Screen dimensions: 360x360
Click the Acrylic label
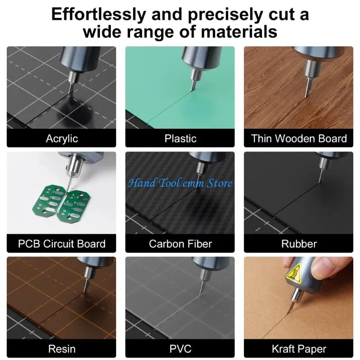pyautogui.click(x=62, y=138)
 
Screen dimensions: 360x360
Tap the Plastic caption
pyautogui.click(x=180, y=138)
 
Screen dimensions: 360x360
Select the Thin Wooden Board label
pyautogui.click(x=299, y=138)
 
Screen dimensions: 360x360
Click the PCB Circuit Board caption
pyautogui.click(x=62, y=244)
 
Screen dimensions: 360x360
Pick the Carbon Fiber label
pyautogui.click(x=180, y=244)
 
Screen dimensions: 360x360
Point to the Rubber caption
pyautogui.click(x=299, y=244)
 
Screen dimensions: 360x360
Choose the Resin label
pyautogui.click(x=62, y=349)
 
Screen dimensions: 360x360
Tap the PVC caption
pyautogui.click(x=180, y=349)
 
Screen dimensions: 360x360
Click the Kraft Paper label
pyautogui.click(x=299, y=349)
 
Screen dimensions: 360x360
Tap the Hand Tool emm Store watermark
pyautogui.click(x=180, y=183)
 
